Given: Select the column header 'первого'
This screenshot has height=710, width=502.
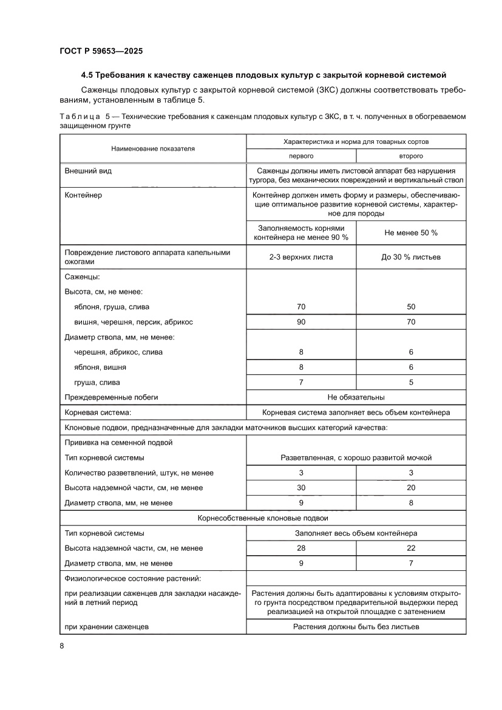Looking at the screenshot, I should click(300, 156).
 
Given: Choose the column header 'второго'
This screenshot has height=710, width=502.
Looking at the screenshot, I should click(411, 156).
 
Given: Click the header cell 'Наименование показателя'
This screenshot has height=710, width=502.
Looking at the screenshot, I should click(153, 148).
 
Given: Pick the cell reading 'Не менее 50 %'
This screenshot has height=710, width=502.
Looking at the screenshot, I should click(411, 233).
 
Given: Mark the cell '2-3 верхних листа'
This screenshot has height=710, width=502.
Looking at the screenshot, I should click(300, 257).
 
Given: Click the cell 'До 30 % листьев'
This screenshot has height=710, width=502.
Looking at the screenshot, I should click(411, 257).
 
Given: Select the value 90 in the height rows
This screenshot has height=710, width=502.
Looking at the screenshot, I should click(300, 322).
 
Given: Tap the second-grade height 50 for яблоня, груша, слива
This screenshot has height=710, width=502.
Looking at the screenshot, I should click(411, 307).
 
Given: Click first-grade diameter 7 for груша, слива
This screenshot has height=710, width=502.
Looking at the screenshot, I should click(300, 383).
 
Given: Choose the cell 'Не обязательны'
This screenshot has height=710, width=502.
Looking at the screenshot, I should click(356, 397).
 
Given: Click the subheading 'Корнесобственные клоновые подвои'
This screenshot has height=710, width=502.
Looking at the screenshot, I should click(263, 518).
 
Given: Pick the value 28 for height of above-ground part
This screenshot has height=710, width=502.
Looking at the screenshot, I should click(300, 548).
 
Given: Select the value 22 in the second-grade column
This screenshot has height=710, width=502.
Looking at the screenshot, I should click(411, 548).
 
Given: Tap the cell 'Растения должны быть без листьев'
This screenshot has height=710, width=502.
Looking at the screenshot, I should click(356, 626).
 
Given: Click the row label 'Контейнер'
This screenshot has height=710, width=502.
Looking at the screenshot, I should click(84, 196).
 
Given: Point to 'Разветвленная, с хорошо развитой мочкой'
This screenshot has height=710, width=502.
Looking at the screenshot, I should click(356, 457).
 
